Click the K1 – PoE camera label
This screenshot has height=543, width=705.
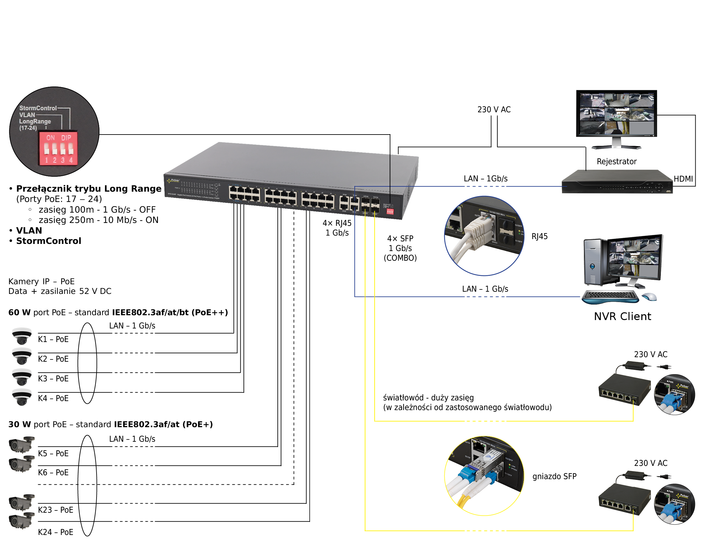pos(53,339)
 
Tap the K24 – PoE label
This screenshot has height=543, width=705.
pos(56,532)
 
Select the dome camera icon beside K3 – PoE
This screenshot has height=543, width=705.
pos(22,377)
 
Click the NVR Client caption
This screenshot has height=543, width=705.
pos(622,316)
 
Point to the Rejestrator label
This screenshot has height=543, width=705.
pos(617,161)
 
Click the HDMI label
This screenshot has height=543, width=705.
pos(683,179)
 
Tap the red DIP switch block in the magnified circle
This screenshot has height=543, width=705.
pos(58,148)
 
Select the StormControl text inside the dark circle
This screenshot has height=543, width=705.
pos(38,108)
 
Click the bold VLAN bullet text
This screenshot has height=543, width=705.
pos(29,230)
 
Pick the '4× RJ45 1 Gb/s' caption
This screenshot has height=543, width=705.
pos(337,228)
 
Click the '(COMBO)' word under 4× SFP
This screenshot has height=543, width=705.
pos(400,258)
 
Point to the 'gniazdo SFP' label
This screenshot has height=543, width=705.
pos(554,476)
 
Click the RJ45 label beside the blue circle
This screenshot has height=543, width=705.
pos(539,236)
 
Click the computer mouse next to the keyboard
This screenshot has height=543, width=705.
pos(649,296)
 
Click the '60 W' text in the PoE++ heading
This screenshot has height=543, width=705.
pos(19,312)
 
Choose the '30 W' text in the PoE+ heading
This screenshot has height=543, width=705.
pos(19,424)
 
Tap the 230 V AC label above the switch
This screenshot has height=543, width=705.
pos(494,110)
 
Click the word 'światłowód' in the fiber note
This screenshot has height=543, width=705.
pos(403,397)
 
